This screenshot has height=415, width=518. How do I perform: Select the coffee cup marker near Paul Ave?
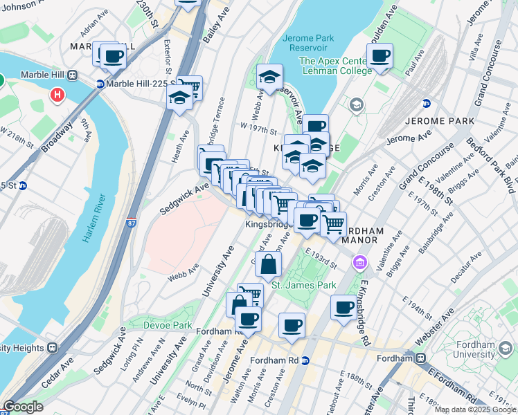379,57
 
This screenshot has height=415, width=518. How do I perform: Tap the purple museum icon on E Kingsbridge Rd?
359,263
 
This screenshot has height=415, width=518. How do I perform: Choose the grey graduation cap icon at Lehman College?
357,104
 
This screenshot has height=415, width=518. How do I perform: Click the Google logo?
23,407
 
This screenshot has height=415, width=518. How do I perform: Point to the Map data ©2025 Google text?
475,409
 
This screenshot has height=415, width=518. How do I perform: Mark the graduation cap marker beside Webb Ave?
269,77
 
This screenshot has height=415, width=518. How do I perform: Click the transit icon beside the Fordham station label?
420,358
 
